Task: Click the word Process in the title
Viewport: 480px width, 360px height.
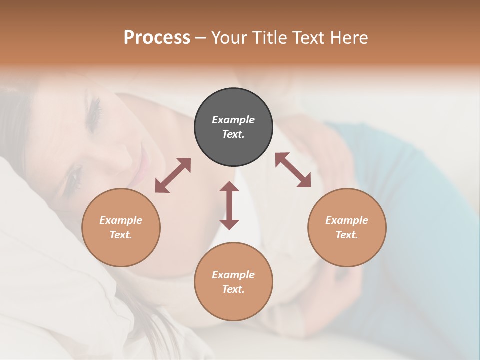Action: (157, 38)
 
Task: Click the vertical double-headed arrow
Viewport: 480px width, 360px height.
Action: (229, 205)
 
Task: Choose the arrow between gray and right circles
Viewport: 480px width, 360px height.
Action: (293, 170)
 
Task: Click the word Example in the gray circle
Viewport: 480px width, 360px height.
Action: (233, 120)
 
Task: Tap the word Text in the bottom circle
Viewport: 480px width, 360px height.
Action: (233, 289)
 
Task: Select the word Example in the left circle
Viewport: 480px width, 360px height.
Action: (121, 220)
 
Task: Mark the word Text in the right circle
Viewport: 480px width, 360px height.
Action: (347, 235)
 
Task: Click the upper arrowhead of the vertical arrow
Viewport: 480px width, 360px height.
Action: (229, 187)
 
